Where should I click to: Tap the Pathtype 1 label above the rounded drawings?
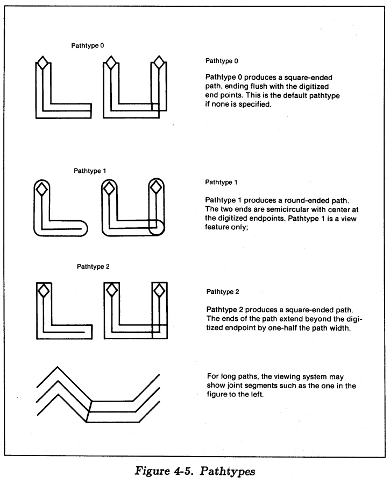click(90, 171)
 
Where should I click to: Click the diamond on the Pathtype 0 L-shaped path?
click(42, 64)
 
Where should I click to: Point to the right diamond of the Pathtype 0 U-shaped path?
click(158, 64)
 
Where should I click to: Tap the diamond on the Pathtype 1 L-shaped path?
click(41, 188)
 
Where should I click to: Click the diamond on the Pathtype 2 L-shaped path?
click(42, 291)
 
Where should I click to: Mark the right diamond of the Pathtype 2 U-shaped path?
click(159, 291)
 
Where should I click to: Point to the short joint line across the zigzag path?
click(89, 410)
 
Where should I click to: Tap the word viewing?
click(281, 376)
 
